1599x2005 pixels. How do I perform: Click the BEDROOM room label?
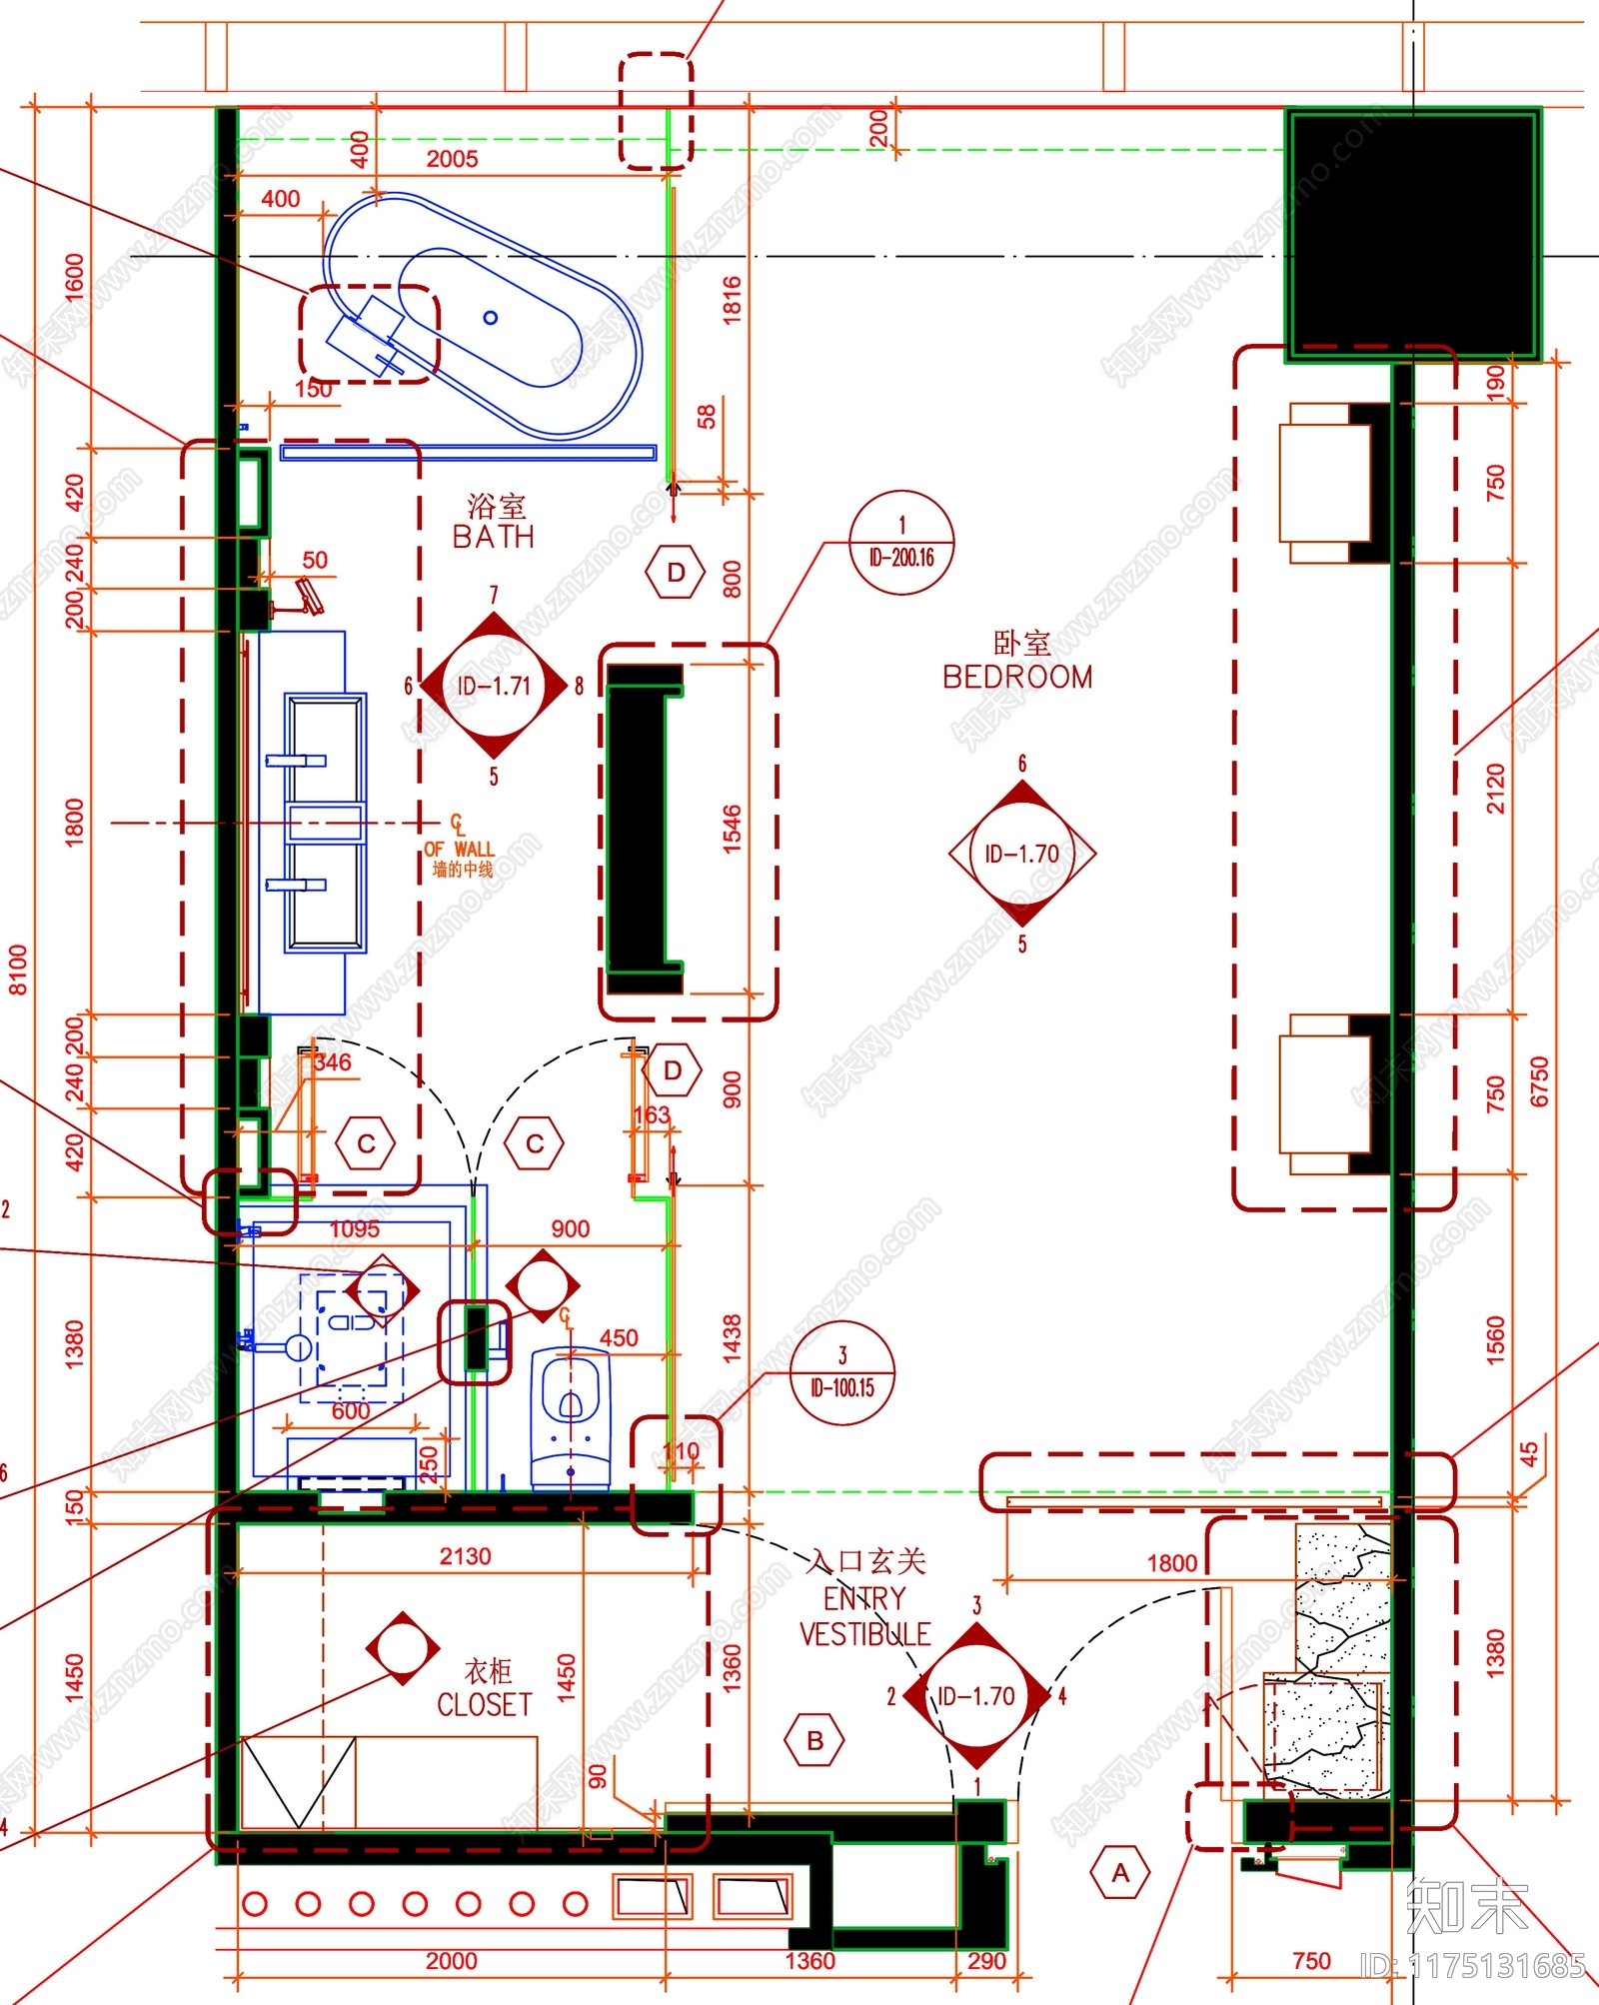pos(1017,676)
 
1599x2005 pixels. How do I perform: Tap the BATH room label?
pos(494,536)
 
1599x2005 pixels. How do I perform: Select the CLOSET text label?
pos(485,1703)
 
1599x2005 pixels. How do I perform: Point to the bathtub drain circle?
pos(490,318)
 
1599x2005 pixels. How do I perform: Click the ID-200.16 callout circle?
pos(901,543)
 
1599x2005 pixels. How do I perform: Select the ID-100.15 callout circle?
pos(841,1372)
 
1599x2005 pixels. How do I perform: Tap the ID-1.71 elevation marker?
pos(494,686)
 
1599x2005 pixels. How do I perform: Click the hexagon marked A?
pos(1120,1873)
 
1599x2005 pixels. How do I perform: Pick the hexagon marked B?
pos(814,1741)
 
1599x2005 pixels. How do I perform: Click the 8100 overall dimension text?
pos(19,970)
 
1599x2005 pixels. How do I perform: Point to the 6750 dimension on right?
pos(1539,1081)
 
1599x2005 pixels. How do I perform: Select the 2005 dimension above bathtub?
pos(452,159)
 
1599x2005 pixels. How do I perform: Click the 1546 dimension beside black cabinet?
pos(732,829)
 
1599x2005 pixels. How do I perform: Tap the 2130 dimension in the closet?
pos(465,1556)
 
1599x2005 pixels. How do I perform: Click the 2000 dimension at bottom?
pos(451,1960)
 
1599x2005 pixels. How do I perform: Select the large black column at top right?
pos(1412,232)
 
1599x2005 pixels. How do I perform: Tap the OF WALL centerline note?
pos(460,849)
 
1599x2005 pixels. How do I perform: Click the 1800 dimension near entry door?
pos(1171,1562)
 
